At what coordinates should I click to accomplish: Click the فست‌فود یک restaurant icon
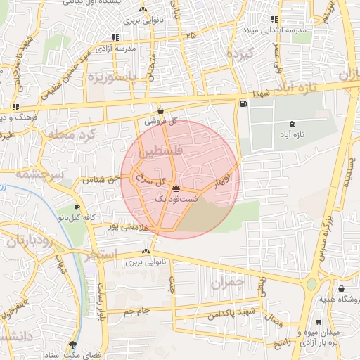pos(175,188)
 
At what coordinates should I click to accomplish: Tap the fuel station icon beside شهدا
pos(243,104)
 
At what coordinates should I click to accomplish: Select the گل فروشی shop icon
pos(161,110)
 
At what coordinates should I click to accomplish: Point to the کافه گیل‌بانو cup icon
pos(77,207)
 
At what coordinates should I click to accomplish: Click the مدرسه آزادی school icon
pos(115,37)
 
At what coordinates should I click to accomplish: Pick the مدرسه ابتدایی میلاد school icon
pos(274,20)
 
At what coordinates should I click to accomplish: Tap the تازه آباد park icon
pos(282,123)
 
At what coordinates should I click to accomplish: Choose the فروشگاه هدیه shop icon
pos(341,288)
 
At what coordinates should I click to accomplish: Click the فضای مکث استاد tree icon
pos(72,345)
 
